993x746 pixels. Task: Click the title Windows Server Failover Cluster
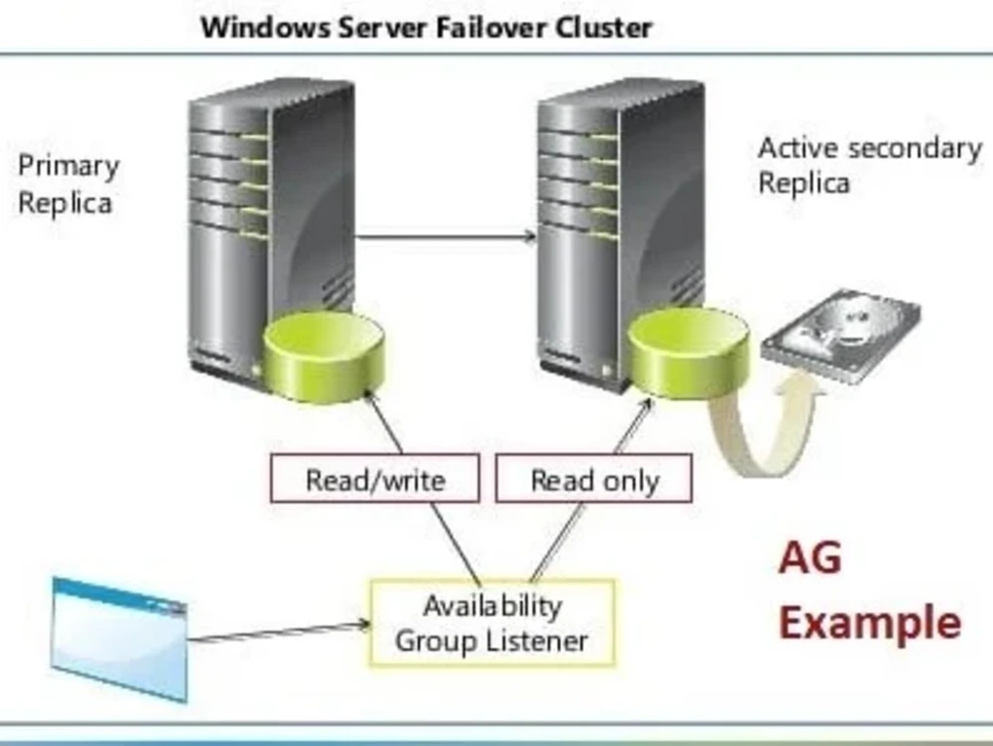[x=426, y=27]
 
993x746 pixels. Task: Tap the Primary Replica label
[x=68, y=185]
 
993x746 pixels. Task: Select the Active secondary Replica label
[x=869, y=166]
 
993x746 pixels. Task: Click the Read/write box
[x=374, y=480]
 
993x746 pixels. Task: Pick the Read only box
[x=594, y=480]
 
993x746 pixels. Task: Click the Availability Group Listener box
[x=492, y=623]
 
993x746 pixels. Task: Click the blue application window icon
[x=119, y=636]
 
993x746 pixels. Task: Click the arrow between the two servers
[x=446, y=236]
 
